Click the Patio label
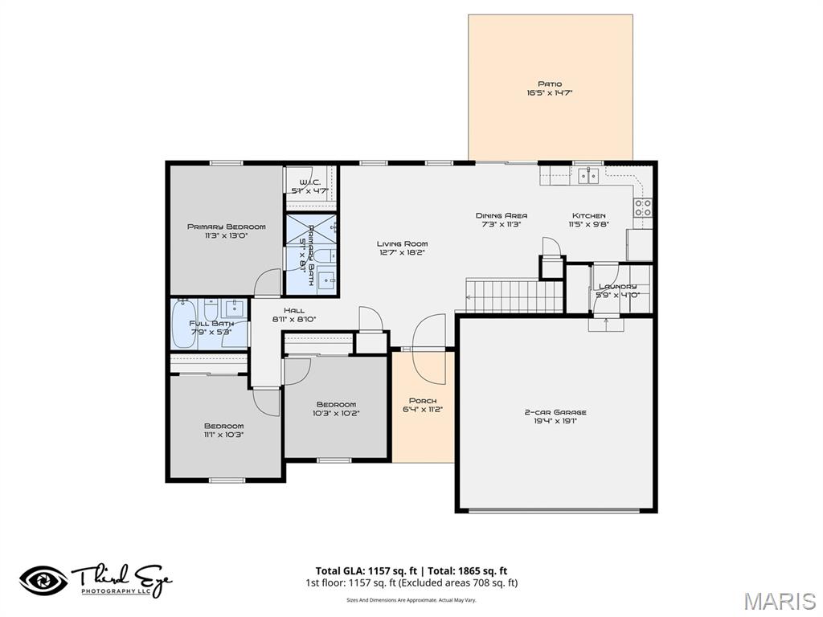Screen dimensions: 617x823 coord(550,84)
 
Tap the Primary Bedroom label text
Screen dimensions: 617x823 coord(226,227)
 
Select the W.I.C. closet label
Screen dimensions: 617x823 coord(309,182)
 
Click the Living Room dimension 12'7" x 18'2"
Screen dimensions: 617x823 coord(402,252)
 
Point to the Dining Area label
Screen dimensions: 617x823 coord(501,215)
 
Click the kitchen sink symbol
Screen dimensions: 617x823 coord(591,175)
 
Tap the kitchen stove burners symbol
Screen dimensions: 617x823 coord(643,208)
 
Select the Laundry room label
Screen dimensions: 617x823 coord(617,286)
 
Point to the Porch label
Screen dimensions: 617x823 coord(423,400)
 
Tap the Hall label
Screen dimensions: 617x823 coord(293,310)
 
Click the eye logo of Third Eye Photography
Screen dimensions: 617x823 coord(43,580)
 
